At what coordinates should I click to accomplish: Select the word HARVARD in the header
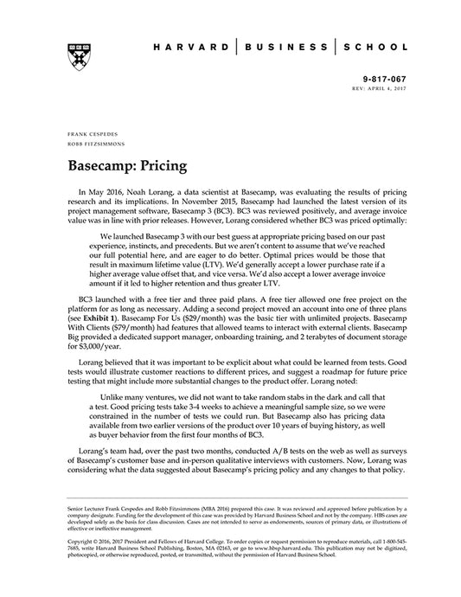pos(190,46)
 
